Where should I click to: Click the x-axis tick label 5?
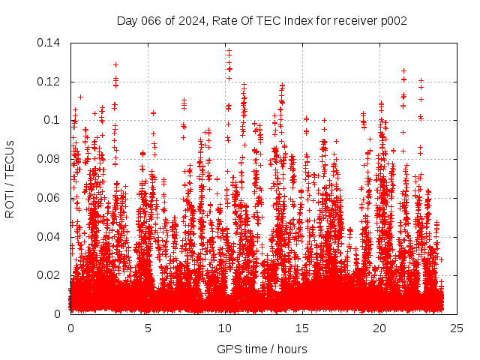(148, 328)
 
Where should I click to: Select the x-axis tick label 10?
(226, 328)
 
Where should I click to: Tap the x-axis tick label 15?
(303, 328)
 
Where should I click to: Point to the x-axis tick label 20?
(380, 328)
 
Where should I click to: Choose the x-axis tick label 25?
(457, 328)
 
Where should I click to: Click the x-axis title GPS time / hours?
(262, 349)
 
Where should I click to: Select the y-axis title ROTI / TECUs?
(10, 178)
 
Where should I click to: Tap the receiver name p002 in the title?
(392, 20)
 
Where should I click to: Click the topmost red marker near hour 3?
(115, 64)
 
